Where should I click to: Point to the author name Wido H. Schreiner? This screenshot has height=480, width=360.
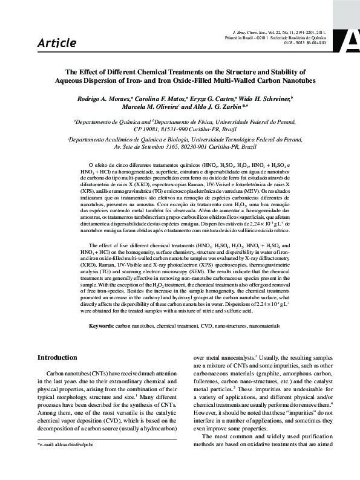click(x=267, y=98)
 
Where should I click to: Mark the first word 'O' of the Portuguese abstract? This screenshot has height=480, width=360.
click(x=90, y=164)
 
